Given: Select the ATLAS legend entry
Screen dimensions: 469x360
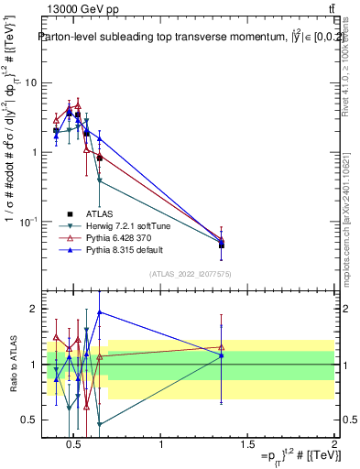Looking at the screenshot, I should tap(99, 213).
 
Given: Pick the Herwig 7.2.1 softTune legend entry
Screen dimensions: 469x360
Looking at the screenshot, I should tap(120, 224).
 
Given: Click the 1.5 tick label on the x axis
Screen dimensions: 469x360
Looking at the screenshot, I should tap(248, 445).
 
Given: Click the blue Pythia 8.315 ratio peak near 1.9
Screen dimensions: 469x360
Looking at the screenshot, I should tap(99, 312).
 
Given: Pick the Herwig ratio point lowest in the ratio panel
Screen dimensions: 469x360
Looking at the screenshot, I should tap(99, 424).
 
